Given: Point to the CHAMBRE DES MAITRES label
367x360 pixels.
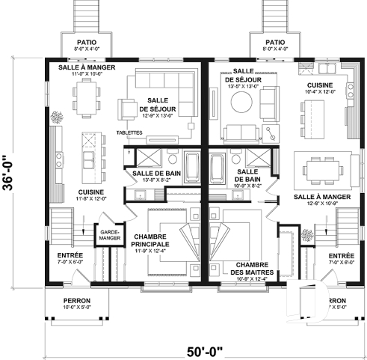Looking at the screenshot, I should [251, 272].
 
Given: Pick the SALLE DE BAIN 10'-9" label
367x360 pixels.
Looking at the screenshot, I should [245, 178].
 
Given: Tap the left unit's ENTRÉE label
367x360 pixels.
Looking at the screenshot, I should [70, 258].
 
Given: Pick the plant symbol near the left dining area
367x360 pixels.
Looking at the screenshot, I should [55, 118].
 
